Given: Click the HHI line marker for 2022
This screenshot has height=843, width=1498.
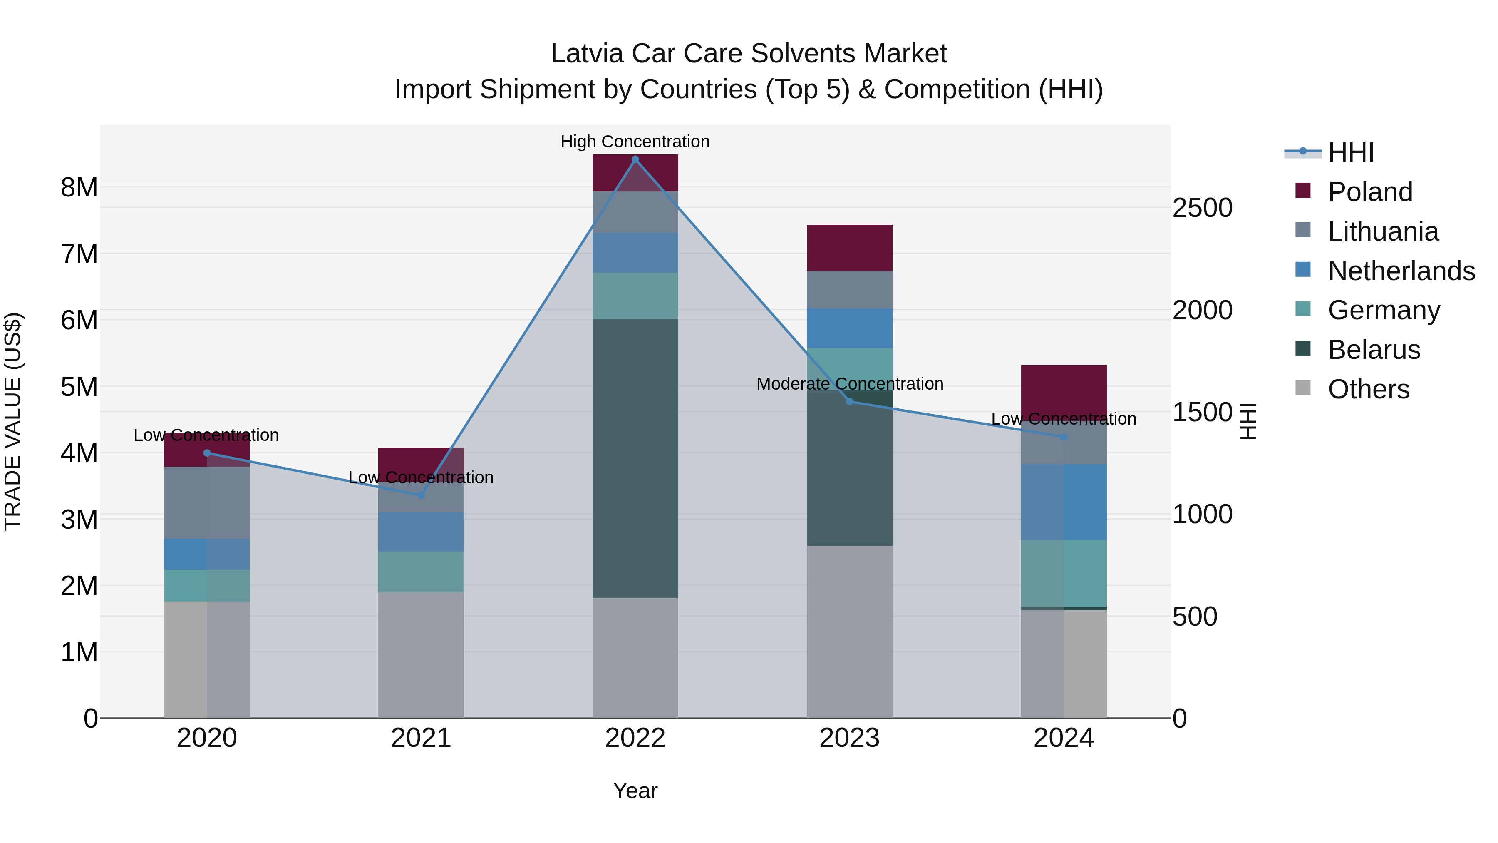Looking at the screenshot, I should [635, 159].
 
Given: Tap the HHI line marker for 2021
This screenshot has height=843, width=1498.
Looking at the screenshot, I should [421, 495].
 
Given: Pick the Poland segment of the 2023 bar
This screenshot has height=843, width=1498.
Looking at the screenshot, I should [849, 248].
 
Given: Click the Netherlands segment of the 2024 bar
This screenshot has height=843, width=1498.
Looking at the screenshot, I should [1064, 502].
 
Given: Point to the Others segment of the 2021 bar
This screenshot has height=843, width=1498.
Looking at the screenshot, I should [421, 655].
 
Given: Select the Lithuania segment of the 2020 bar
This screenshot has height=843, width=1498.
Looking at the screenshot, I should [206, 502].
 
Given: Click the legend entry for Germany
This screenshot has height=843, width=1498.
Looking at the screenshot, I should [1384, 310].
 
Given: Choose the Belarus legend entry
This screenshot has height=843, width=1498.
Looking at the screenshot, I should [1374, 350].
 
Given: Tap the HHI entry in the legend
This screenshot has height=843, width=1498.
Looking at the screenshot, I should [1350, 152].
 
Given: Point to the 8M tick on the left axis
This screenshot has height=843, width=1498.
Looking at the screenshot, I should [79, 187].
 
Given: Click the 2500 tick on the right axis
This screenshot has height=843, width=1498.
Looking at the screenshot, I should [1202, 208].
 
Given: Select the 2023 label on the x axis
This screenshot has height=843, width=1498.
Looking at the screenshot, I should [849, 738].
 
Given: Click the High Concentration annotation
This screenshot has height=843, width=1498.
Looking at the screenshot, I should [635, 142].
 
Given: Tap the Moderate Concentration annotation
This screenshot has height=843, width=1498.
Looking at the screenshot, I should [849, 384].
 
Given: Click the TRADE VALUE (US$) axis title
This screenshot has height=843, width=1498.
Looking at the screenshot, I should [13, 421].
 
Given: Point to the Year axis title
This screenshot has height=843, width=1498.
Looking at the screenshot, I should [635, 791].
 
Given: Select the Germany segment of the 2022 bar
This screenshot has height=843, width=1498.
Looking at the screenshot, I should [635, 296].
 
